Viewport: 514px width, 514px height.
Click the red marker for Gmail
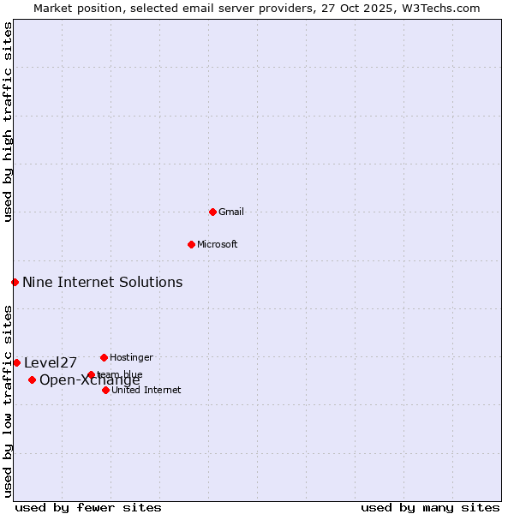[212, 212]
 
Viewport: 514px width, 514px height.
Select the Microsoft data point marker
[191, 244]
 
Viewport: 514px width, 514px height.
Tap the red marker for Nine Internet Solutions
[15, 282]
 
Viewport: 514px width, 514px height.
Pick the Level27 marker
[16, 362]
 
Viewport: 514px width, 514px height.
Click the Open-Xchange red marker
[32, 380]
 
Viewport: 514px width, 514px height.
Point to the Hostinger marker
[104, 357]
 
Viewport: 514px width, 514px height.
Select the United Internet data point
[105, 390]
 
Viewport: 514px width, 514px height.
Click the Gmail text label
[231, 212]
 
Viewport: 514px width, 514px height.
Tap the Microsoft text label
[218, 244]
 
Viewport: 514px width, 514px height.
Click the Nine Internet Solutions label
[102, 282]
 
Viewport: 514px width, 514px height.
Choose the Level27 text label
[51, 362]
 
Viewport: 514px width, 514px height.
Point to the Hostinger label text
[131, 357]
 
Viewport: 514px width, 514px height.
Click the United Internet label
[146, 390]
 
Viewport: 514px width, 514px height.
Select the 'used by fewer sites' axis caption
[88, 507]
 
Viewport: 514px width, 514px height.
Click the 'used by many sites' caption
[430, 507]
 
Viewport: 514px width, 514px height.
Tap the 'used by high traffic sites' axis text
[8, 122]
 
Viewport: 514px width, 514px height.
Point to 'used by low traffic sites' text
[8, 400]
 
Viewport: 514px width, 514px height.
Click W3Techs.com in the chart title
[442, 8]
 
